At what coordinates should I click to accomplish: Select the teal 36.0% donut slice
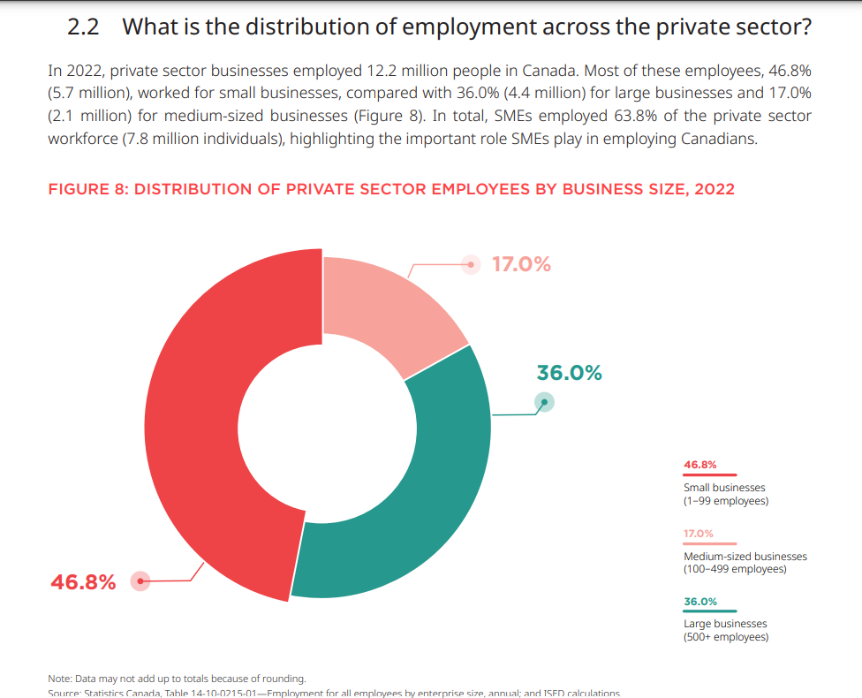pyautogui.click(x=424, y=495)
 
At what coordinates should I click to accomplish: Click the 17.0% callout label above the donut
pyautogui.click(x=521, y=264)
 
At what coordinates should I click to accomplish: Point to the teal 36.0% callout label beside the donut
pyautogui.click(x=570, y=373)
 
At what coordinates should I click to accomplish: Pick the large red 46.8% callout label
pyautogui.click(x=83, y=582)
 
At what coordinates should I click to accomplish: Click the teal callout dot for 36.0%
pyautogui.click(x=546, y=403)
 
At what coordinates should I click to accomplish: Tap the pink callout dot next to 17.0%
pyautogui.click(x=473, y=264)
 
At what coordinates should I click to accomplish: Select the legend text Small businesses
pyautogui.click(x=724, y=488)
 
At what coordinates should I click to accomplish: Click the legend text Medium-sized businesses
pyautogui.click(x=745, y=557)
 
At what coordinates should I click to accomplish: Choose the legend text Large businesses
pyautogui.click(x=725, y=624)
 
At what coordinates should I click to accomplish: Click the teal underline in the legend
pyautogui.click(x=710, y=611)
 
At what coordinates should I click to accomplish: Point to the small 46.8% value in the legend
pyautogui.click(x=699, y=464)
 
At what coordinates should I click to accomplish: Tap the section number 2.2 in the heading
pyautogui.click(x=83, y=27)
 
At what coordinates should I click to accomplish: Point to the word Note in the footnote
pyautogui.click(x=61, y=679)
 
